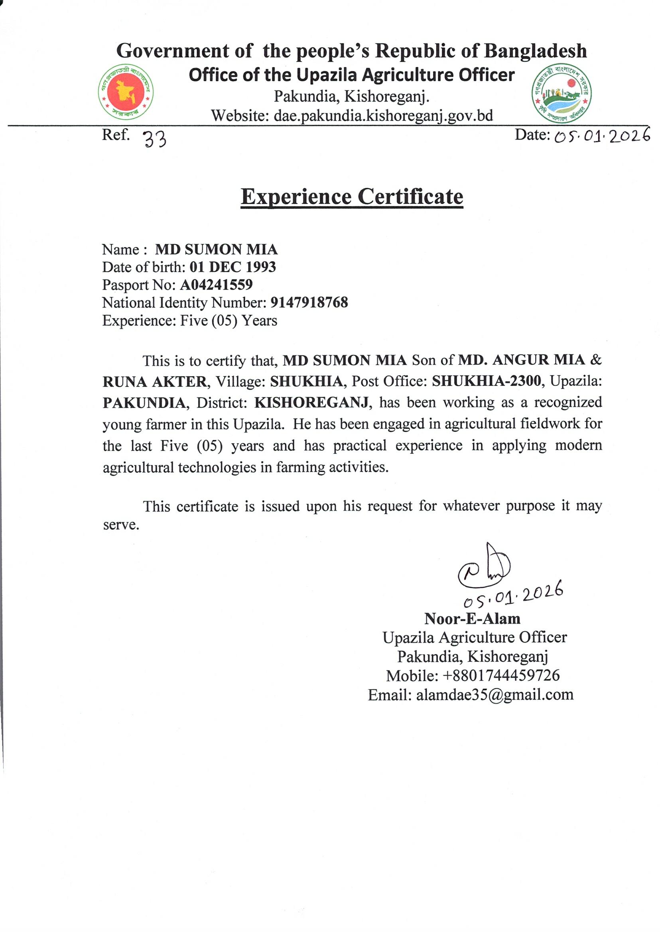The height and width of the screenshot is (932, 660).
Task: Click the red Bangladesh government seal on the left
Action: pos(126,92)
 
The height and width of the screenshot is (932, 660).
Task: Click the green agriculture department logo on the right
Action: pos(561,93)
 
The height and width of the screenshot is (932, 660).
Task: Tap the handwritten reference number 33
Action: pos(155,140)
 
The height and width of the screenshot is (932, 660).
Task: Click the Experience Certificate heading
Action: pos(352,197)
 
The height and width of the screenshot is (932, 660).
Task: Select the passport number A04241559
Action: pos(216,285)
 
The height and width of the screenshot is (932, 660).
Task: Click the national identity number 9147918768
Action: pos(309,303)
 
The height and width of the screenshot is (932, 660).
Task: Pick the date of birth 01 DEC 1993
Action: pos(232,267)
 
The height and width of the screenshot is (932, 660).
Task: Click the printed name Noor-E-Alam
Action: pos(472,619)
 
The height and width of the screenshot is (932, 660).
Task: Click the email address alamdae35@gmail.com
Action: pos(495,695)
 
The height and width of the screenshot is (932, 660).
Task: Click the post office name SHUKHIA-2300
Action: pos(487,381)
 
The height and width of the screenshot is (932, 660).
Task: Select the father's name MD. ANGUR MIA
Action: pos(521,360)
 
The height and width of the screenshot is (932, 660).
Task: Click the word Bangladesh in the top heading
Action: pos(535,51)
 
